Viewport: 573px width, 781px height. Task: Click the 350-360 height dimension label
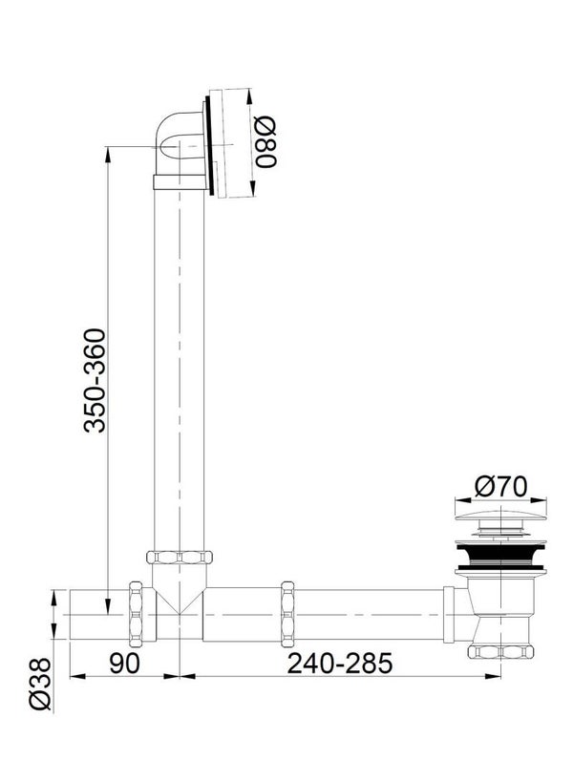point(95,380)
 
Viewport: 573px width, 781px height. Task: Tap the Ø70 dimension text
point(499,486)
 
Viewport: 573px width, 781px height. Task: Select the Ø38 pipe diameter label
point(40,683)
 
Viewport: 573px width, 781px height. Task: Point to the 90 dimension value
point(124,663)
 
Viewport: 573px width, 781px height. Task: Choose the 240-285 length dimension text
point(340,663)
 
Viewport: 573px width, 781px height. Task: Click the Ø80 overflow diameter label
point(265,142)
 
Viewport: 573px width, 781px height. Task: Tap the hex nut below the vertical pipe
point(180,557)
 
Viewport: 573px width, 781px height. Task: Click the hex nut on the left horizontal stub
point(136,614)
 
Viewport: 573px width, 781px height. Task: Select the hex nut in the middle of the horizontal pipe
point(287,614)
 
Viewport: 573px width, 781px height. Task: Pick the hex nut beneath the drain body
point(500,651)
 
